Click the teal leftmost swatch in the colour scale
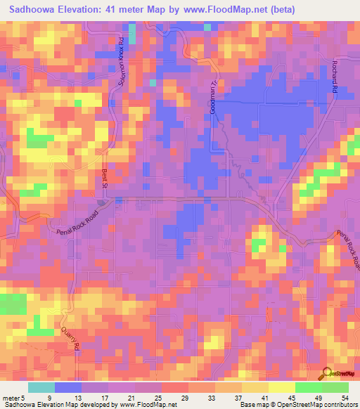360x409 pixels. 41,387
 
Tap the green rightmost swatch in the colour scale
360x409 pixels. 335,387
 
